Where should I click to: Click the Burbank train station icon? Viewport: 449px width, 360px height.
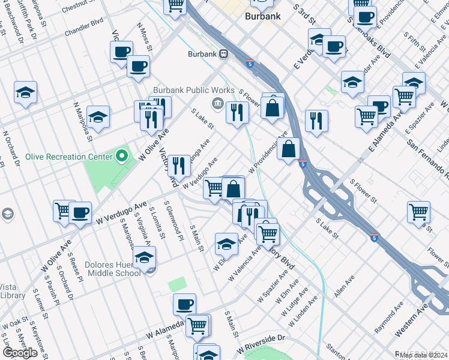click(223, 54)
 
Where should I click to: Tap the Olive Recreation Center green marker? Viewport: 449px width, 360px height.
click(122, 157)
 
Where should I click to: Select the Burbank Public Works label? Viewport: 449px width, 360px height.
click(185, 90)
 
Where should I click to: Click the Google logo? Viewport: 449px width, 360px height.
click(19, 353)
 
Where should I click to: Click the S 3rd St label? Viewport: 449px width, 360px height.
click(305, 13)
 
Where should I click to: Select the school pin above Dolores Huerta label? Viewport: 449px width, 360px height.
click(144, 257)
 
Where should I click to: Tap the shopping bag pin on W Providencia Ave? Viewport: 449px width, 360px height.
click(289, 149)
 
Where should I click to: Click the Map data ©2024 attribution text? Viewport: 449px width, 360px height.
click(423, 355)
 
